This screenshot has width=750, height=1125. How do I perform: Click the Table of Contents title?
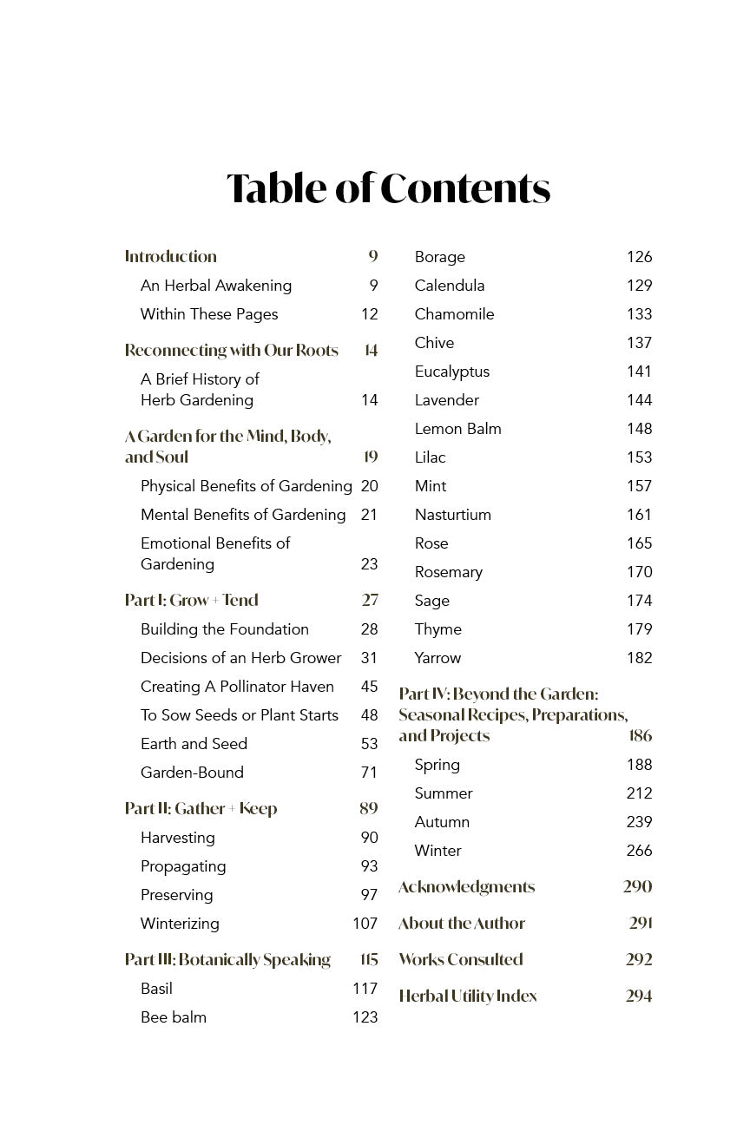click(x=388, y=188)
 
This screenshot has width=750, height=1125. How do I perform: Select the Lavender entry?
click(x=446, y=400)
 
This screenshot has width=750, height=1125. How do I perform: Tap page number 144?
click(x=639, y=400)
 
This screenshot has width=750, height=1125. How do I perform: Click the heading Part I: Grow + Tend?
click(x=191, y=600)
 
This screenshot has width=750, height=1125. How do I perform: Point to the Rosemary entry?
click(x=448, y=572)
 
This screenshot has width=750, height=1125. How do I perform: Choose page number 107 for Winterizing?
click(x=365, y=924)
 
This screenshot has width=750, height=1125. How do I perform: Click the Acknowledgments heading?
click(x=466, y=886)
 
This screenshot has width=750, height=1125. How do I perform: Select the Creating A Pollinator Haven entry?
click(x=237, y=687)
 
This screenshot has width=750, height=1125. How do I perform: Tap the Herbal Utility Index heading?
click(x=467, y=996)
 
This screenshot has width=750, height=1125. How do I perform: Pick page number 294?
click(x=638, y=996)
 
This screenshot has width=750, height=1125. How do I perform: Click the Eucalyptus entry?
click(x=451, y=372)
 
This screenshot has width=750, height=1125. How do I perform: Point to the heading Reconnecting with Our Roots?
click(x=231, y=350)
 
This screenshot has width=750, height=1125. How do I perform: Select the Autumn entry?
click(x=442, y=822)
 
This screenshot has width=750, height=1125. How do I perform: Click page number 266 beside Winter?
click(x=639, y=851)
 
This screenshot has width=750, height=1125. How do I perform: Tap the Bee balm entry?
click(x=174, y=1017)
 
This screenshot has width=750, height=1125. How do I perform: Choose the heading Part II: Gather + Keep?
click(x=201, y=808)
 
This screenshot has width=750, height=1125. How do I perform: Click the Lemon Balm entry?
click(x=457, y=429)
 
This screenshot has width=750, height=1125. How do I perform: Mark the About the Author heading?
click(x=461, y=923)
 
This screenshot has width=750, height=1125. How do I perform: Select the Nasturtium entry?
click(x=452, y=515)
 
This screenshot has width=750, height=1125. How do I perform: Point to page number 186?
click(x=640, y=736)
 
